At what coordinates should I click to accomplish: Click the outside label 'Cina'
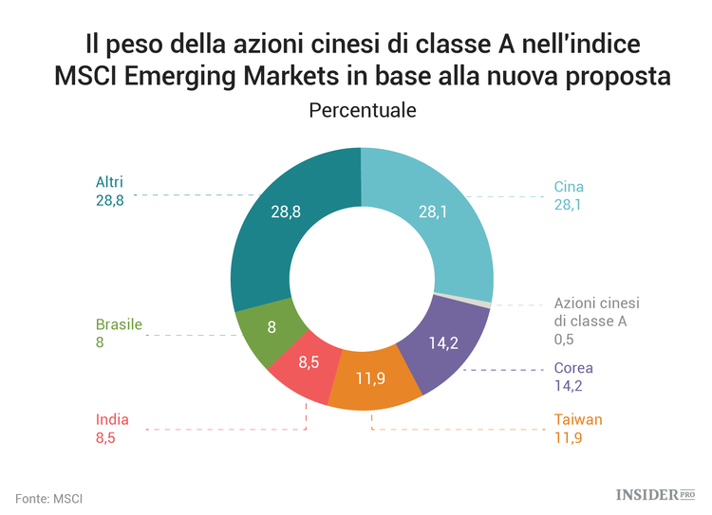pyautogui.click(x=569, y=187)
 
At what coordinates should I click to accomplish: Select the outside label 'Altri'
pyautogui.click(x=110, y=182)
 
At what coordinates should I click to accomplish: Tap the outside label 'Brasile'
pyautogui.click(x=119, y=324)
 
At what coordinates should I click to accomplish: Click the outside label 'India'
pyautogui.click(x=112, y=419)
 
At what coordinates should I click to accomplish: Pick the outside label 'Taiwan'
pyautogui.click(x=578, y=419)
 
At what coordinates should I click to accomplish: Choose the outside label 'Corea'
pyautogui.click(x=573, y=368)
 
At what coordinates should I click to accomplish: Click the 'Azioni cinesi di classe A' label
pyautogui.click(x=596, y=312)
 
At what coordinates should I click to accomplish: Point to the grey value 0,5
pyautogui.click(x=565, y=338)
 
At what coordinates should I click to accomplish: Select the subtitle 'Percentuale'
pyautogui.click(x=363, y=110)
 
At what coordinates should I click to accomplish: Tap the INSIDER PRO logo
pyautogui.click(x=656, y=494)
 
